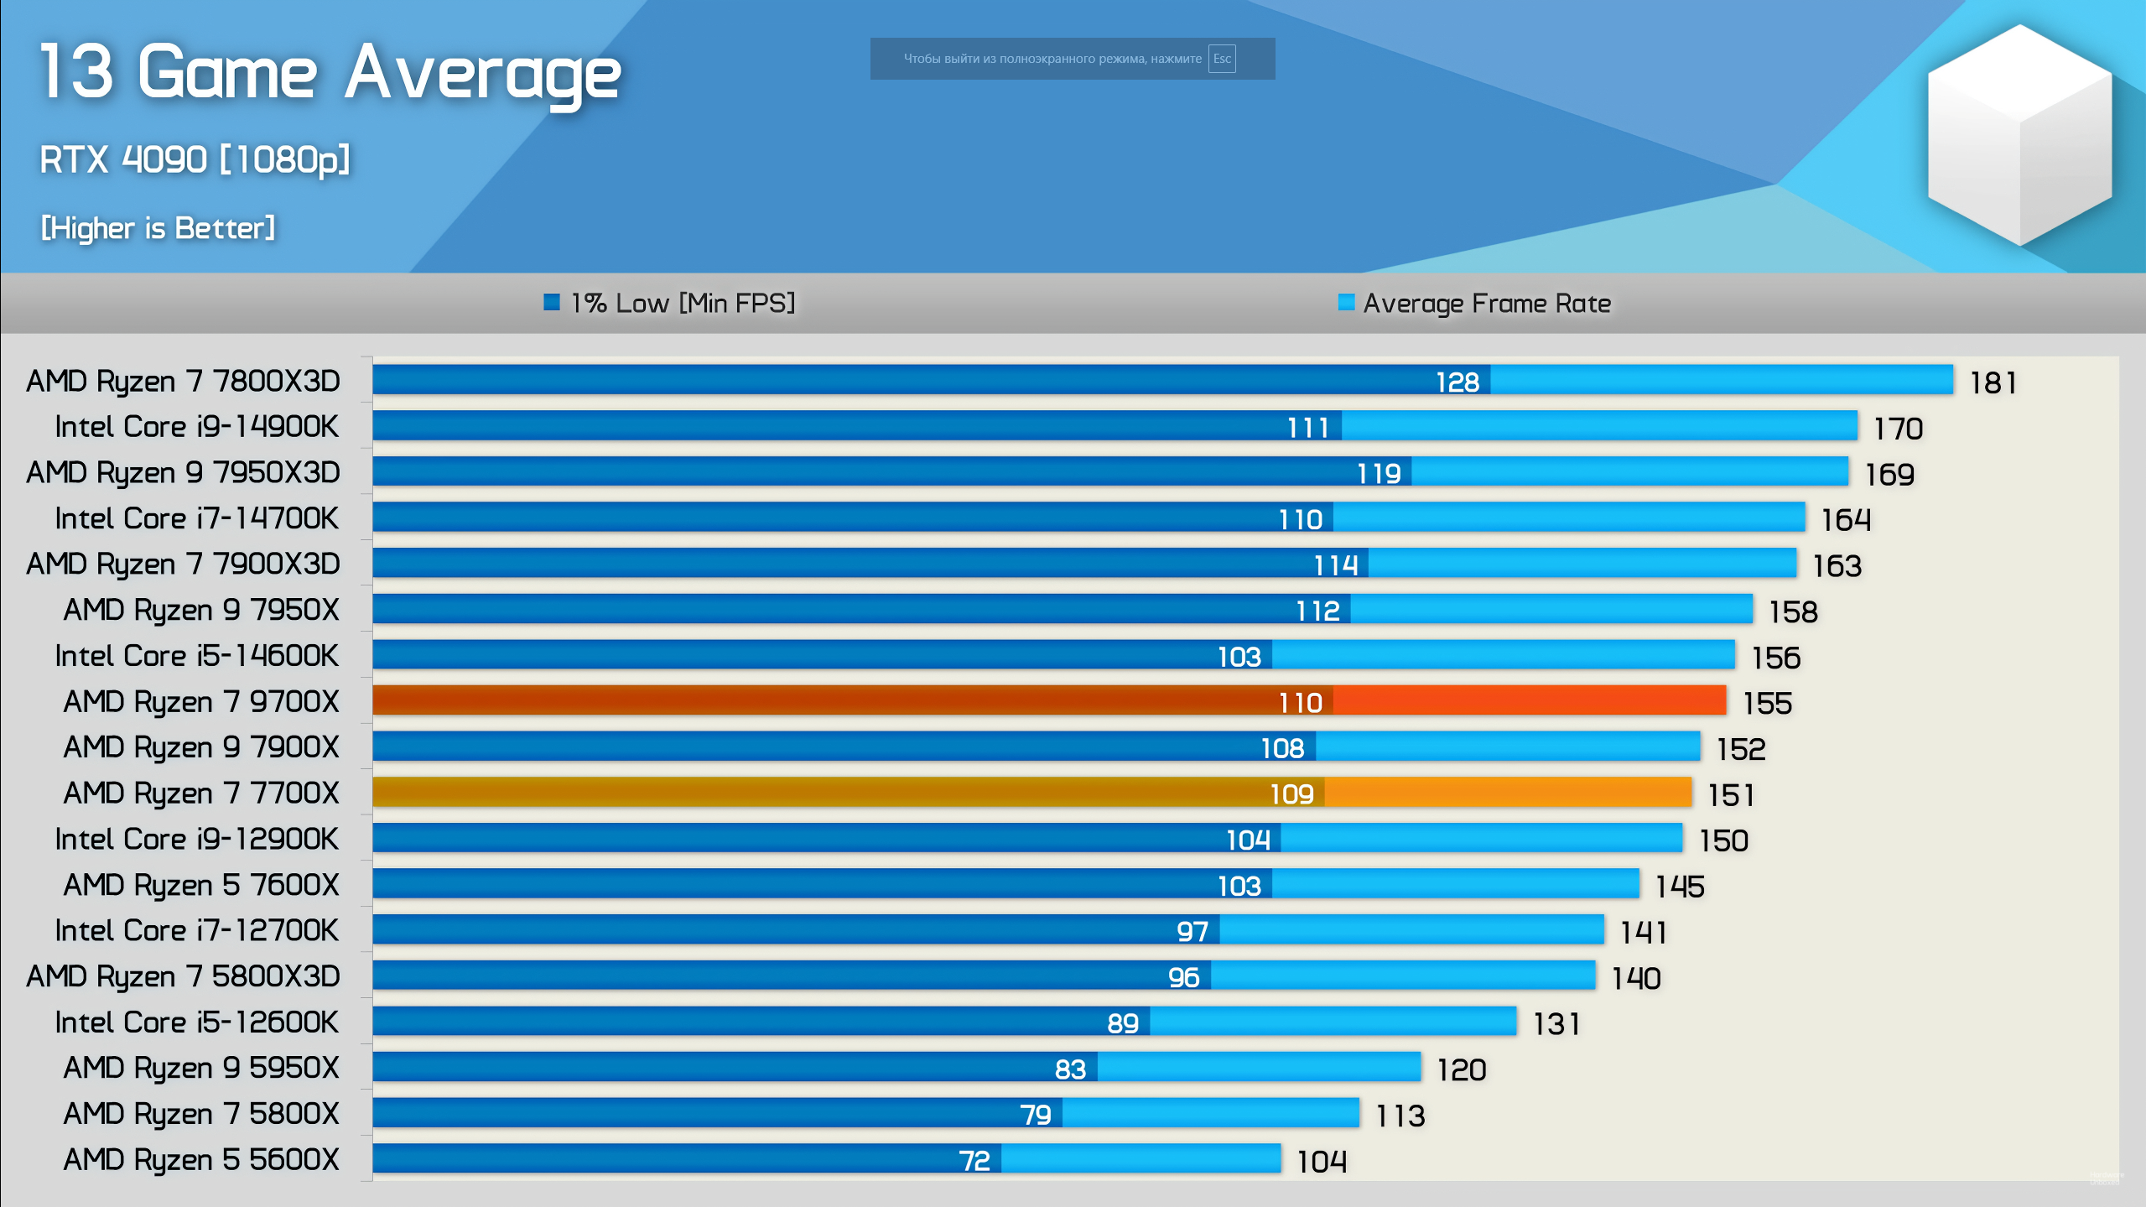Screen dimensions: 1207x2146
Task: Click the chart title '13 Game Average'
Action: pyautogui.click(x=330, y=74)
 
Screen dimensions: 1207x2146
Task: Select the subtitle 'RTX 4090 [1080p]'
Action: pyautogui.click(x=195, y=159)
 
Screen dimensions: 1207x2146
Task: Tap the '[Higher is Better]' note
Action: pyautogui.click(x=158, y=228)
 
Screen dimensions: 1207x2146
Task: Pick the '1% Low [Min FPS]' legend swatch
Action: pyautogui.click(x=552, y=302)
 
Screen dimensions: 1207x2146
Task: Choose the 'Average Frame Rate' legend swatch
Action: pyautogui.click(x=1346, y=302)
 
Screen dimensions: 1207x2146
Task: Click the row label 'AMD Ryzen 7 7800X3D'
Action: pyautogui.click(x=183, y=381)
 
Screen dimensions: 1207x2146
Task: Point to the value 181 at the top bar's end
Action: pyautogui.click(x=1993, y=383)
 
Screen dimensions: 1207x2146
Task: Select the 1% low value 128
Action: pyautogui.click(x=1458, y=382)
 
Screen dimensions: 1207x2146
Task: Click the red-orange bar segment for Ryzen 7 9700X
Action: pyautogui.click(x=1529, y=700)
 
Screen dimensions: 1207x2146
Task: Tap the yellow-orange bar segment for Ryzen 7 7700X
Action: pyautogui.click(x=1508, y=793)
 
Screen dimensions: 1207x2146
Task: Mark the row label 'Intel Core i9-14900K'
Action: pyautogui.click(x=196, y=427)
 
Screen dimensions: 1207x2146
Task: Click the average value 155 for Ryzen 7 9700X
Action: pyautogui.click(x=1767, y=703)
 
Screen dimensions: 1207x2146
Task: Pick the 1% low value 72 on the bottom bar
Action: pyautogui.click(x=974, y=1161)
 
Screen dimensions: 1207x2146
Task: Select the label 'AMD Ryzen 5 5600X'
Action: pyautogui.click(x=201, y=1160)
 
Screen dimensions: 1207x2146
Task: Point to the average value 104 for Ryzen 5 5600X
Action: pyautogui.click(x=1322, y=1162)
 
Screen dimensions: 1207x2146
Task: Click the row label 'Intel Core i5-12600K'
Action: pyautogui.click(x=196, y=1022)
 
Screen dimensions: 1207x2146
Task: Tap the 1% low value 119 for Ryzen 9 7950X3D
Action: pyautogui.click(x=1379, y=474)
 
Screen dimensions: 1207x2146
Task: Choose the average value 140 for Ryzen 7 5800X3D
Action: pyautogui.click(x=1635, y=978)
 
